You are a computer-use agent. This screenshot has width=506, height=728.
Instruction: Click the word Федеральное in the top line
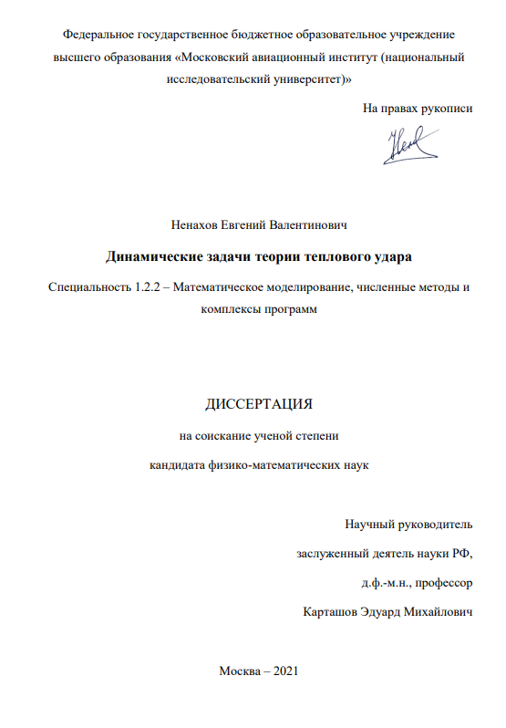pyautogui.click(x=98, y=34)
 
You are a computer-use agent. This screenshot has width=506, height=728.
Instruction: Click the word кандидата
pyautogui.click(x=177, y=465)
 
